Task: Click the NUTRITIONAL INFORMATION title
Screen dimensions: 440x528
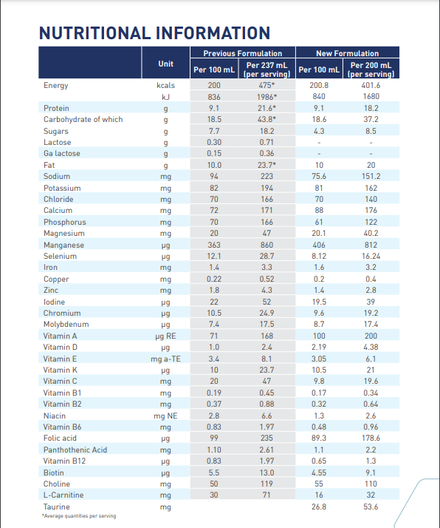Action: coord(154,33)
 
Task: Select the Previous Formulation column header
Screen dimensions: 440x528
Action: coord(243,53)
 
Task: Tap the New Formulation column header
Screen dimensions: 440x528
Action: coord(347,53)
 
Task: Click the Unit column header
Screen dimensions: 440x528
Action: coord(165,64)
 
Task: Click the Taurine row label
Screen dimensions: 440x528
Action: coord(56,507)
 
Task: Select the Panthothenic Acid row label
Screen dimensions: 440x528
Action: coord(75,450)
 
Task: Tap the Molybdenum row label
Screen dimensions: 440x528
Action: coord(66,325)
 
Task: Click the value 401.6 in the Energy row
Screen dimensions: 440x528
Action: coord(371,85)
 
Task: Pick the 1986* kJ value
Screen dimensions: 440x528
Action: coord(267,97)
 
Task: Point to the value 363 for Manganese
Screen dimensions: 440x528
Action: coord(214,245)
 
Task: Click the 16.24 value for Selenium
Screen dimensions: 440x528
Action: coord(371,257)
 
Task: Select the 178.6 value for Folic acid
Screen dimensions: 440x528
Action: coord(371,438)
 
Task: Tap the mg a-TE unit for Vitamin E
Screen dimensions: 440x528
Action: coord(165,359)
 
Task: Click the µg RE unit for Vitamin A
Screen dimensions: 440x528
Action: coord(165,336)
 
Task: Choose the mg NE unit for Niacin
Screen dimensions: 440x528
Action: coord(165,416)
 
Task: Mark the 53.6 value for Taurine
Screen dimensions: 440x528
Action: coord(371,507)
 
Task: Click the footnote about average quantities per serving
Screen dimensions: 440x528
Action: coord(79,516)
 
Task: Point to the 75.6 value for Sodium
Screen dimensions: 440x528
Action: coord(319,176)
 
